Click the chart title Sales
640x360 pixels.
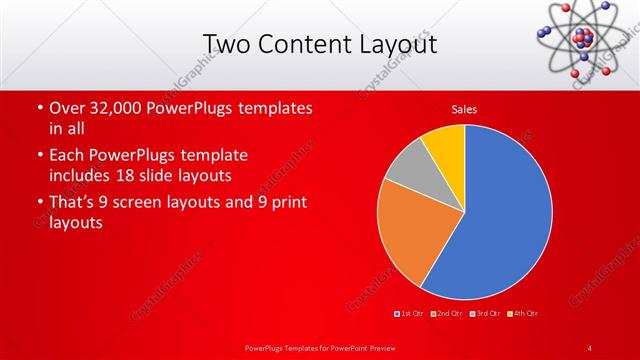pyautogui.click(x=465, y=108)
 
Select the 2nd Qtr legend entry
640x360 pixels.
pyautogui.click(x=449, y=314)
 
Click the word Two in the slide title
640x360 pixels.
pyautogui.click(x=225, y=45)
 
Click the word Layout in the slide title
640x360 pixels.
pyautogui.click(x=399, y=45)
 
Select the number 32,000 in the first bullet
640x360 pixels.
pyautogui.click(x=109, y=108)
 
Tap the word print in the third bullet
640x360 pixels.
pyautogui.click(x=285, y=203)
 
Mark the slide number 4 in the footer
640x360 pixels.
pyautogui.click(x=590, y=347)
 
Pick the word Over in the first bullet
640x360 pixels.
pyautogui.click(x=67, y=108)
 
